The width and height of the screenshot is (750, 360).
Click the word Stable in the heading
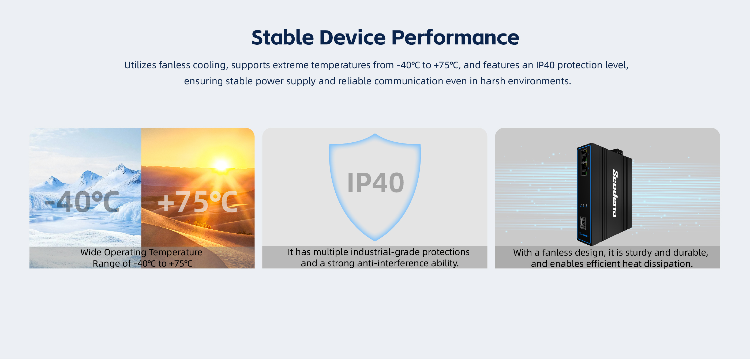(x=282, y=37)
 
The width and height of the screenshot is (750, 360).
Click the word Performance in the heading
(x=455, y=37)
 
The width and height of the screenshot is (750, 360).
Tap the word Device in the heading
(x=352, y=37)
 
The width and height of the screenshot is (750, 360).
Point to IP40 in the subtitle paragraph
(x=545, y=65)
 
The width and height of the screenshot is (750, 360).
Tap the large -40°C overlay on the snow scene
(x=82, y=202)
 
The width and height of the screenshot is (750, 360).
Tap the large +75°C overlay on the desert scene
(x=198, y=202)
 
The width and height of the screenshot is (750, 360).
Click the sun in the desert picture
(x=221, y=165)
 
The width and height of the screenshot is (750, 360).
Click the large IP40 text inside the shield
(x=376, y=183)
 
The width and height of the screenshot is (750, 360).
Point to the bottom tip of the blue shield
(x=375, y=241)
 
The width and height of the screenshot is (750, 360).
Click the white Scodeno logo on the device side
(x=615, y=193)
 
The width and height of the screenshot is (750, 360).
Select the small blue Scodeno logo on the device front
(x=584, y=234)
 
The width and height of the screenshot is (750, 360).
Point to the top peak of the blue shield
(x=375, y=134)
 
